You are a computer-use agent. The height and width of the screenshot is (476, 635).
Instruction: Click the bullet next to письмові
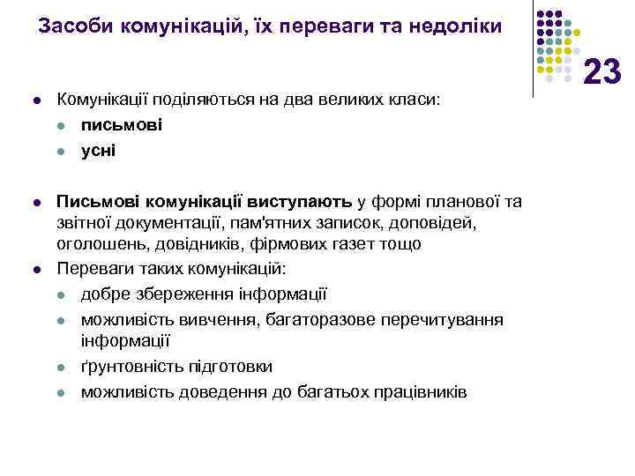[x=63, y=125]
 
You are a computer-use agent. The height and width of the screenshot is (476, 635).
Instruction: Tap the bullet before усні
[x=63, y=151]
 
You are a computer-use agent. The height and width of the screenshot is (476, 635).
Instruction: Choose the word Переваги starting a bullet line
[x=92, y=267]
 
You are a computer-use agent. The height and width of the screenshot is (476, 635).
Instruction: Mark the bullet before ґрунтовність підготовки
[x=63, y=367]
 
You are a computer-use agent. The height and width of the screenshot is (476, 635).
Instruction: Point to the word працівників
[x=417, y=390]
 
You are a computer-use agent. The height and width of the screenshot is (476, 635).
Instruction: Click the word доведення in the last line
[x=216, y=390]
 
